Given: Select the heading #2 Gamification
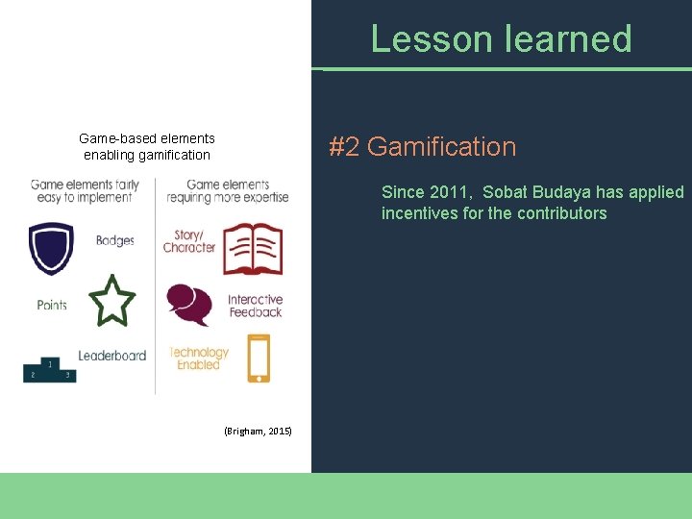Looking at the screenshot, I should pyautogui.click(x=422, y=147).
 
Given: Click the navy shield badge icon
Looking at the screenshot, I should pyautogui.click(x=51, y=247).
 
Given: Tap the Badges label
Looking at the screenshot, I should pyautogui.click(x=115, y=240).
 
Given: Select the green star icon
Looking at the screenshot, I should pyautogui.click(x=111, y=301).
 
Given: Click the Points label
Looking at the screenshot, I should pyautogui.click(x=52, y=305).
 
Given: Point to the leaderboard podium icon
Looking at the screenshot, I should pyautogui.click(x=49, y=370).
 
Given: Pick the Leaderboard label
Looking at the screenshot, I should pyautogui.click(x=112, y=356).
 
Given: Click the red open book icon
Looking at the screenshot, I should pyautogui.click(x=252, y=248).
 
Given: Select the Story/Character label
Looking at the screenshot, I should pyautogui.click(x=189, y=241).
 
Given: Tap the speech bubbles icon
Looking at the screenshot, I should pyautogui.click(x=189, y=305).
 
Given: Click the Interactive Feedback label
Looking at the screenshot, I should pyautogui.click(x=255, y=306).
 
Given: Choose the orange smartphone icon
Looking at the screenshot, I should pyautogui.click(x=259, y=358).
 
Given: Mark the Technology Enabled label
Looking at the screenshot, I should pyautogui.click(x=199, y=358).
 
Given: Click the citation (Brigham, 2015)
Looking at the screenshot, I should pyautogui.click(x=258, y=432).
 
